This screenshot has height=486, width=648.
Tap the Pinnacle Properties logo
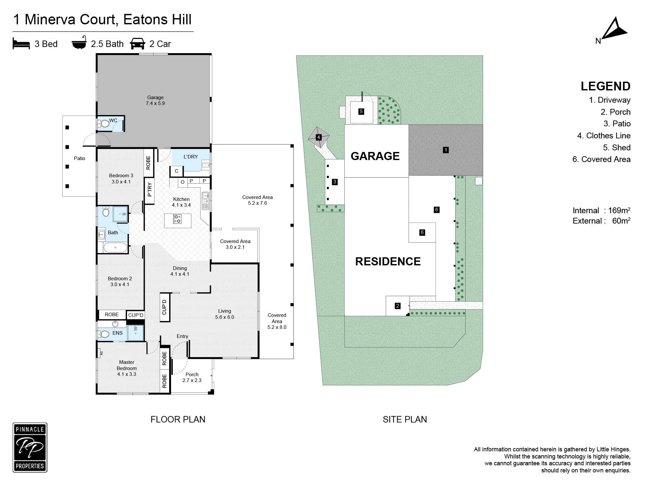[x=30, y=447]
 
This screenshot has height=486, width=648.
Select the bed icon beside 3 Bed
[x=21, y=43]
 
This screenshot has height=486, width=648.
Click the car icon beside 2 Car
[x=138, y=44]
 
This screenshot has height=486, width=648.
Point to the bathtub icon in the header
[x=79, y=42]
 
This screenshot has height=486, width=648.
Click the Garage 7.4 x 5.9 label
[x=156, y=100]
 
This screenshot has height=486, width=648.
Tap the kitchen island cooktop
[x=177, y=219]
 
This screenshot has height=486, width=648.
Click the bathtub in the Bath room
[x=115, y=248]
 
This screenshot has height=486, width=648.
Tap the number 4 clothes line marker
[x=318, y=137]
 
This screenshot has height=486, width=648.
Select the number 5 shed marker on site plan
[x=361, y=111]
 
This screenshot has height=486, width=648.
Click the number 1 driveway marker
[x=446, y=150]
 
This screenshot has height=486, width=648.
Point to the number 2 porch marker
[x=398, y=306]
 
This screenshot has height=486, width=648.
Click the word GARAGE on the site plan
[x=375, y=156]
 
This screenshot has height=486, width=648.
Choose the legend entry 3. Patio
[x=617, y=124]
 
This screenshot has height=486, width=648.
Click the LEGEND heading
[x=606, y=86]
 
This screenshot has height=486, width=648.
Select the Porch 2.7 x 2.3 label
[x=192, y=377]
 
